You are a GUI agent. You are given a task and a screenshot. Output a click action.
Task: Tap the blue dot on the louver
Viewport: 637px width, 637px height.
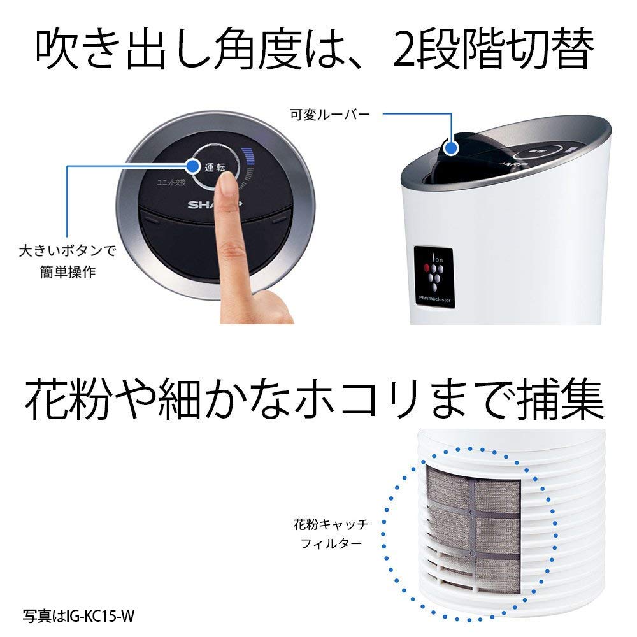click(452, 148)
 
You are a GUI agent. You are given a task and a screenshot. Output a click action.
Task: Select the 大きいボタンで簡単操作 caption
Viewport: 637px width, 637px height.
click(67, 261)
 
